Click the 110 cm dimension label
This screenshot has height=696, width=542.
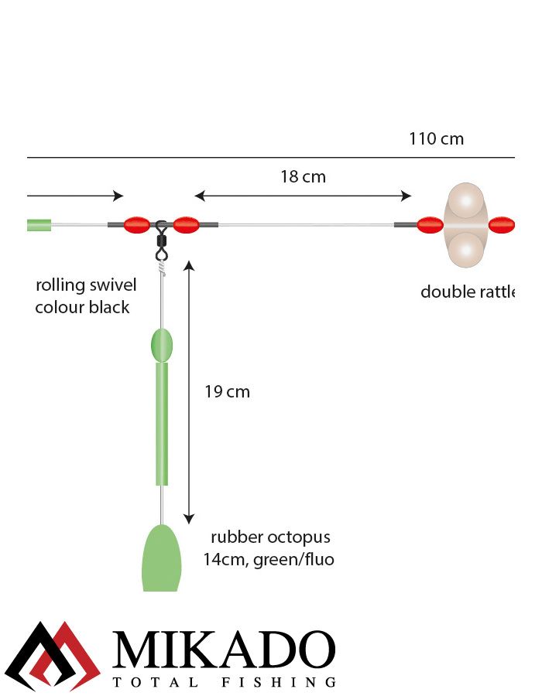[x=436, y=139]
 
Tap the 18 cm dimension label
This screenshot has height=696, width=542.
[x=303, y=177]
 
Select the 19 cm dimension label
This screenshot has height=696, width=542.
[x=227, y=392]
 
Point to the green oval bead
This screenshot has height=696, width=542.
[x=162, y=345]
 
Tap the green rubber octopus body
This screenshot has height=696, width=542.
[x=162, y=558]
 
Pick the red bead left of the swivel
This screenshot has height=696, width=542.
[x=136, y=225]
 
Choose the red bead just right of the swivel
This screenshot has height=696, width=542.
[x=187, y=225]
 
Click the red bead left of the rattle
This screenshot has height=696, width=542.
[x=430, y=225]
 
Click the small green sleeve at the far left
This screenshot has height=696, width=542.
[x=39, y=225]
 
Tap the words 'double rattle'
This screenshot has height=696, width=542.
[x=468, y=292]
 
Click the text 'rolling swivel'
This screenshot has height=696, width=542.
[x=86, y=285]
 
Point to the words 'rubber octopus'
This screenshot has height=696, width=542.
[x=270, y=537]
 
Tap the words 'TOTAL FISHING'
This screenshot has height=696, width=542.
[x=225, y=683]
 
